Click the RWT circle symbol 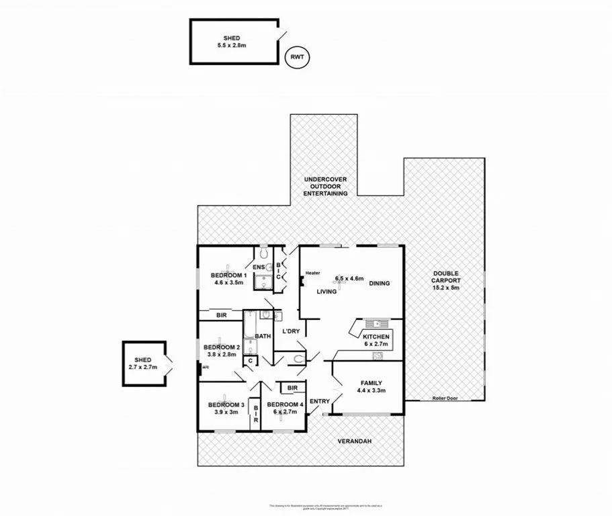coord(297,58)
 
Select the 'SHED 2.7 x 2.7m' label coord(142,363)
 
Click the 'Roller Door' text coord(445,398)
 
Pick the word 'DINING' coord(379,284)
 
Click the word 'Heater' coord(312,273)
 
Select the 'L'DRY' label coord(290,331)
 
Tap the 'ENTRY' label coord(320,402)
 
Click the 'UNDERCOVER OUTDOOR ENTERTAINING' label coord(326,186)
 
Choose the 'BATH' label coord(262,336)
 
